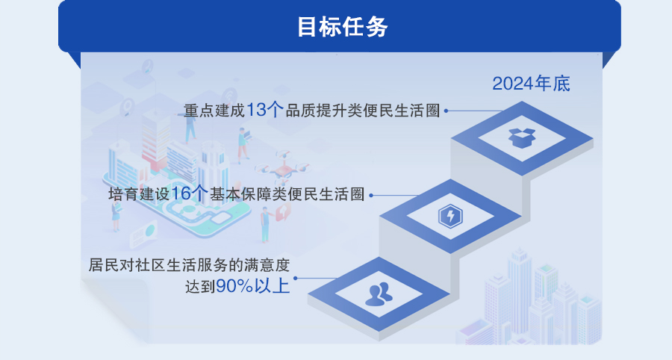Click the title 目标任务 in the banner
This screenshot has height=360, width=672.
343,27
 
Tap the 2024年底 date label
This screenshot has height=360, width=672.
531,84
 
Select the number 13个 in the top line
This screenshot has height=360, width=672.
264,110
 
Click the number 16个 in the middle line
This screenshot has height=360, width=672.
189,193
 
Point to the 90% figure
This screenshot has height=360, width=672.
234,286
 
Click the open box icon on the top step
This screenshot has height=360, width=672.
522,138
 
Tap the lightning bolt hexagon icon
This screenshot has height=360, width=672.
450,216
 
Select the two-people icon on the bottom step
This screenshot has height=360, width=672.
379,294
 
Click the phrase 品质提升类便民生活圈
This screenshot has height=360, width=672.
363,111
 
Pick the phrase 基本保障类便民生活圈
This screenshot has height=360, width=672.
287,194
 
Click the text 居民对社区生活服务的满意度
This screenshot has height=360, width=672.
189,265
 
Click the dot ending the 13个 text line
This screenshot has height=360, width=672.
447,111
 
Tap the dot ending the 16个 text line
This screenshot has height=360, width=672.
371,195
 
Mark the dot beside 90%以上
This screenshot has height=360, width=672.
295,278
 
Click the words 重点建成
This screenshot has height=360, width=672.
214,111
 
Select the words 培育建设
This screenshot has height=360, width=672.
139,194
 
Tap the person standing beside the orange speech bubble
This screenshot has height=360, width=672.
266,225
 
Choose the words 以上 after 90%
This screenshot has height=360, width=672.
272,286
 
